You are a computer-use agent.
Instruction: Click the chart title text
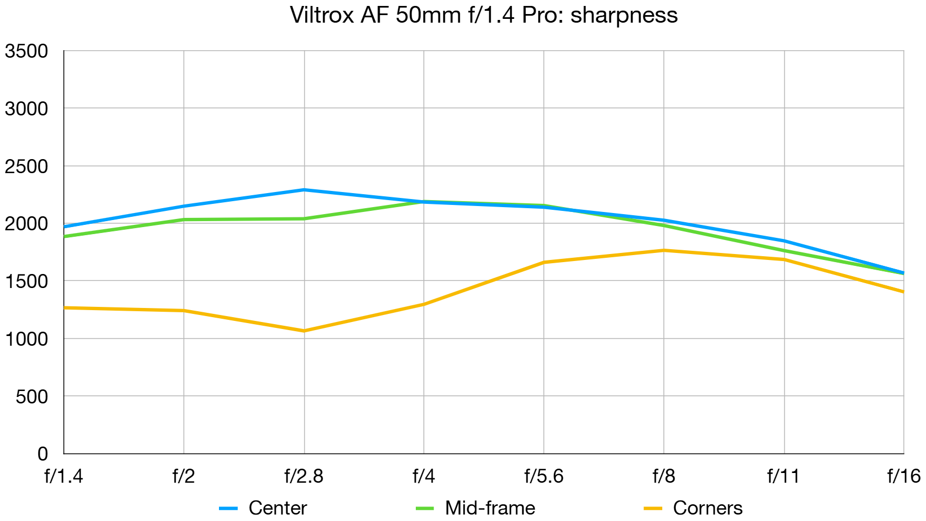pyautogui.click(x=483, y=15)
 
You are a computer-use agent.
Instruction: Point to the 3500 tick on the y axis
pyautogui.click(x=26, y=51)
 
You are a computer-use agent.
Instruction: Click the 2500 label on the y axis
pyautogui.click(x=26, y=167)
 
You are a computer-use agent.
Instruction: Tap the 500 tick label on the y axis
pyautogui.click(x=32, y=397)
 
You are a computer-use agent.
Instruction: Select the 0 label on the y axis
pyautogui.click(x=43, y=454)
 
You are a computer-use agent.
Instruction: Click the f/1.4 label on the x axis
pyautogui.click(x=64, y=476)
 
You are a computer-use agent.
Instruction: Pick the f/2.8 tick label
pyautogui.click(x=304, y=476)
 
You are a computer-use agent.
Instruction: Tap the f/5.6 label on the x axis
pyautogui.click(x=544, y=476)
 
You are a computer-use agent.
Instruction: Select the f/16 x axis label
pyautogui.click(x=903, y=476)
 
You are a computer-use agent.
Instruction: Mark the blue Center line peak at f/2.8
pyautogui.click(x=304, y=190)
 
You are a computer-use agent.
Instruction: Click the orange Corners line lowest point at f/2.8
pyautogui.click(x=304, y=331)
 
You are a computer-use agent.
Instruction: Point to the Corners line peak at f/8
pyautogui.click(x=663, y=250)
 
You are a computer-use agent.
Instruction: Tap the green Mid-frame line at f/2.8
pyautogui.click(x=304, y=218)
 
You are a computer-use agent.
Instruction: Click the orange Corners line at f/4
pyautogui.click(x=424, y=304)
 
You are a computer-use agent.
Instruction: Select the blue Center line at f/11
pyautogui.click(x=784, y=241)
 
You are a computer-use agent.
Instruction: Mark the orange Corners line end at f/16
pyautogui.click(x=902, y=291)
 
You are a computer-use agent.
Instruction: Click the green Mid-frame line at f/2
pyautogui.click(x=184, y=220)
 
